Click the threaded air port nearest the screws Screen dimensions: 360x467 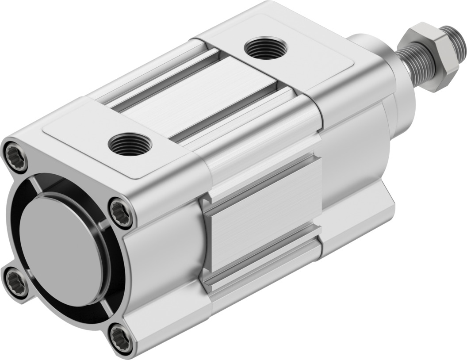[x=130, y=144]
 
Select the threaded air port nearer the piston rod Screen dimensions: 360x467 [x=264, y=48]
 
